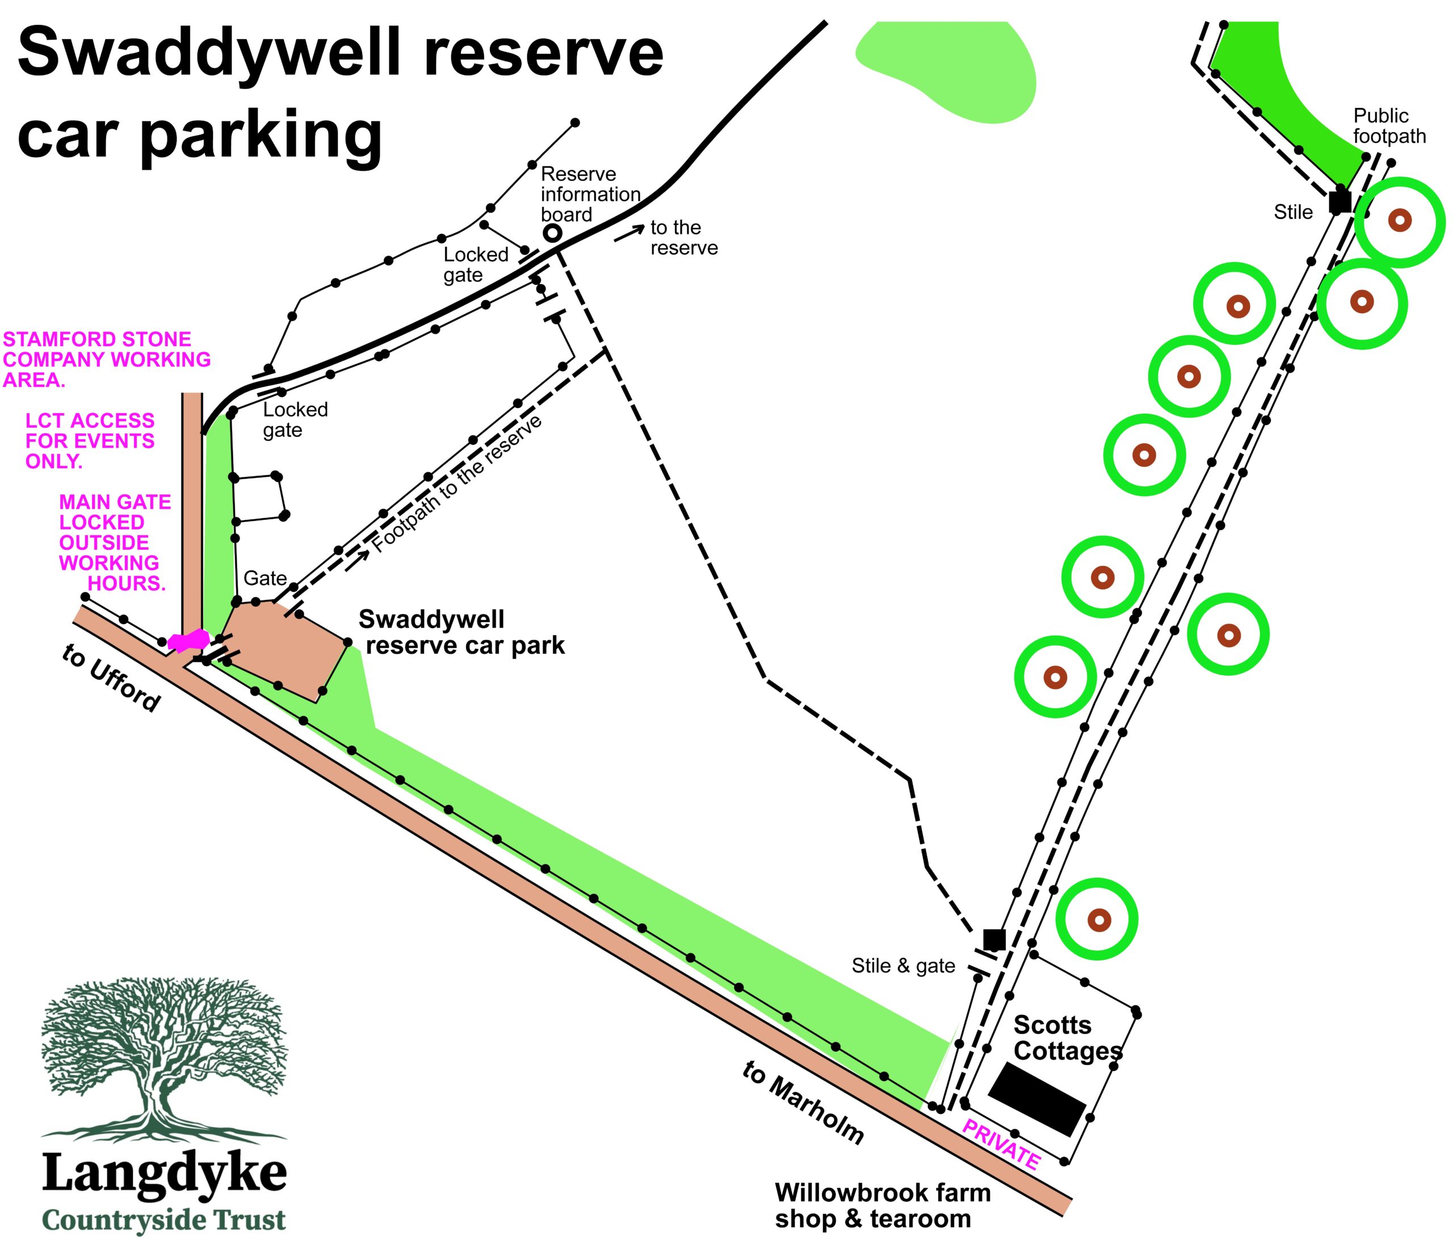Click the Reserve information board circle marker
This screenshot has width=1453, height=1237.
[553, 233]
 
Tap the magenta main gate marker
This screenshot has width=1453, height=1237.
[188, 640]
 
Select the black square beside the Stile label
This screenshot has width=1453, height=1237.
[1340, 202]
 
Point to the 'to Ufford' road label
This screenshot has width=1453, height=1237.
[111, 678]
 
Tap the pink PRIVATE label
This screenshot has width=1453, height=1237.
[1001, 1145]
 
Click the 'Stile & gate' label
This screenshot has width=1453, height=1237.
[903, 966]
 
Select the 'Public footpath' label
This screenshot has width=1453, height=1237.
[1389, 125]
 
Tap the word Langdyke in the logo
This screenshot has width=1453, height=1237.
[165, 1175]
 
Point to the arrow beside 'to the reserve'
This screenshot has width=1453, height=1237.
[629, 234]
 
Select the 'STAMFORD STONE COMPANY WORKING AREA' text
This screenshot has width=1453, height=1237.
[107, 360]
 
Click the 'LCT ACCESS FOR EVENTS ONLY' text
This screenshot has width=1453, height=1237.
[90, 441]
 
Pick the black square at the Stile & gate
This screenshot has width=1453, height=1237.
[994, 940]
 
